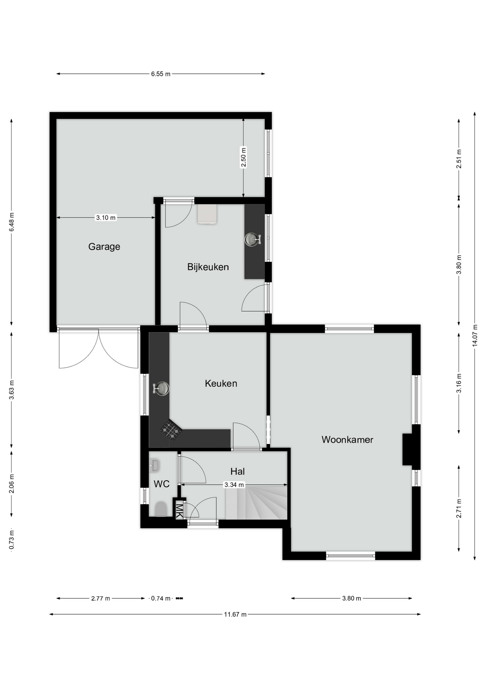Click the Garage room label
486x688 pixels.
(x=104, y=247)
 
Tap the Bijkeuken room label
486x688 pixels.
(x=208, y=267)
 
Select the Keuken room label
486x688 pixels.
(x=221, y=383)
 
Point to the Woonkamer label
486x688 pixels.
(x=347, y=440)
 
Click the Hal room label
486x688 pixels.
(x=238, y=471)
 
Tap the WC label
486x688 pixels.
(x=161, y=484)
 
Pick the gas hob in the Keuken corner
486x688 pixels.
(x=171, y=430)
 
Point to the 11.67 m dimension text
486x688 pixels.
(x=235, y=615)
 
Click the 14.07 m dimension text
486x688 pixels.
(x=475, y=335)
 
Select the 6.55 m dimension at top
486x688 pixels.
(x=161, y=74)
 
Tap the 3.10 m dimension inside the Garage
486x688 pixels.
(x=106, y=218)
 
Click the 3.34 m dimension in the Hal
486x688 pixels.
(x=234, y=485)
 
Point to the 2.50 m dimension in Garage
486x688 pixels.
(x=243, y=157)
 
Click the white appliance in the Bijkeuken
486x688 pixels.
(x=207, y=214)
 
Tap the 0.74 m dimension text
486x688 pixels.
(x=161, y=598)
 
